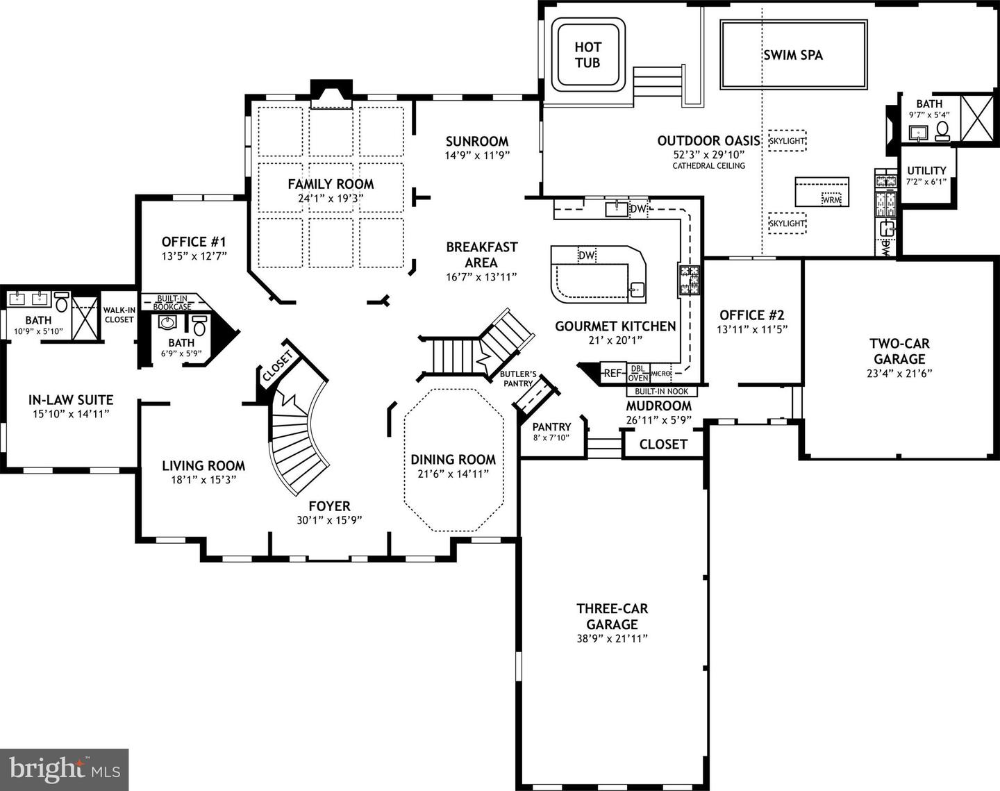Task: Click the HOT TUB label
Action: click(x=587, y=55)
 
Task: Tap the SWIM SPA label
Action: click(x=792, y=55)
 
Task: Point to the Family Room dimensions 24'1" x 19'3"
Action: click(x=331, y=198)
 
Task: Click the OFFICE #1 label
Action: click(x=194, y=242)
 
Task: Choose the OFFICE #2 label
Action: click(x=751, y=315)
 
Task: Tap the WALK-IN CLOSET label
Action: click(x=119, y=315)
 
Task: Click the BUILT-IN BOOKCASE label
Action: click(x=172, y=302)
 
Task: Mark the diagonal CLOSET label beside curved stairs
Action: click(x=278, y=363)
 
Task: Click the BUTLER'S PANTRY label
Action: click(x=518, y=378)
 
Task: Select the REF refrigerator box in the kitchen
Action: click(x=612, y=373)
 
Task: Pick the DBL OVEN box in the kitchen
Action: click(x=637, y=373)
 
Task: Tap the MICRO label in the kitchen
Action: click(x=660, y=374)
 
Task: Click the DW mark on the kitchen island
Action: click(x=587, y=256)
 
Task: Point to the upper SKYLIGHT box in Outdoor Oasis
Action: click(x=787, y=141)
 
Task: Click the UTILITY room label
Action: click(x=926, y=170)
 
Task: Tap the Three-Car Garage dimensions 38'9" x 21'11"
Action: click(x=612, y=638)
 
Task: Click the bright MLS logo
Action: click(x=65, y=769)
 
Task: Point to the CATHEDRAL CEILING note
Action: click(x=708, y=166)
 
